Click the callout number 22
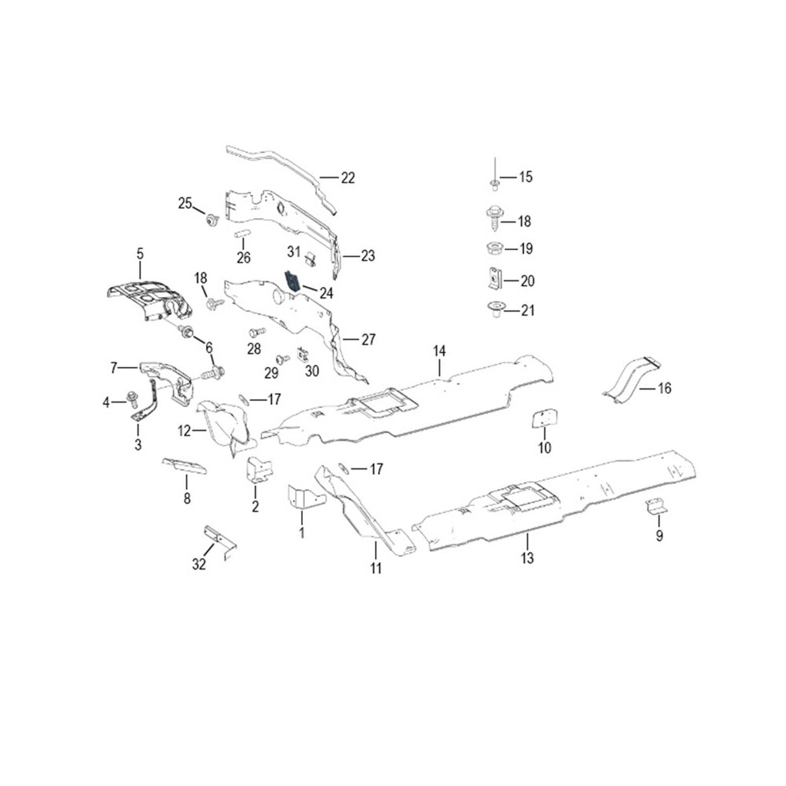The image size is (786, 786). [x=347, y=178]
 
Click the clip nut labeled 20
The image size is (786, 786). [x=494, y=280]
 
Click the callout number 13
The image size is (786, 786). [x=527, y=558]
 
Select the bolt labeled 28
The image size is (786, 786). [x=256, y=332]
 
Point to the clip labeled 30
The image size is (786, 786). [x=303, y=354]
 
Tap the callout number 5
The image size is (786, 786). [x=140, y=254]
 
